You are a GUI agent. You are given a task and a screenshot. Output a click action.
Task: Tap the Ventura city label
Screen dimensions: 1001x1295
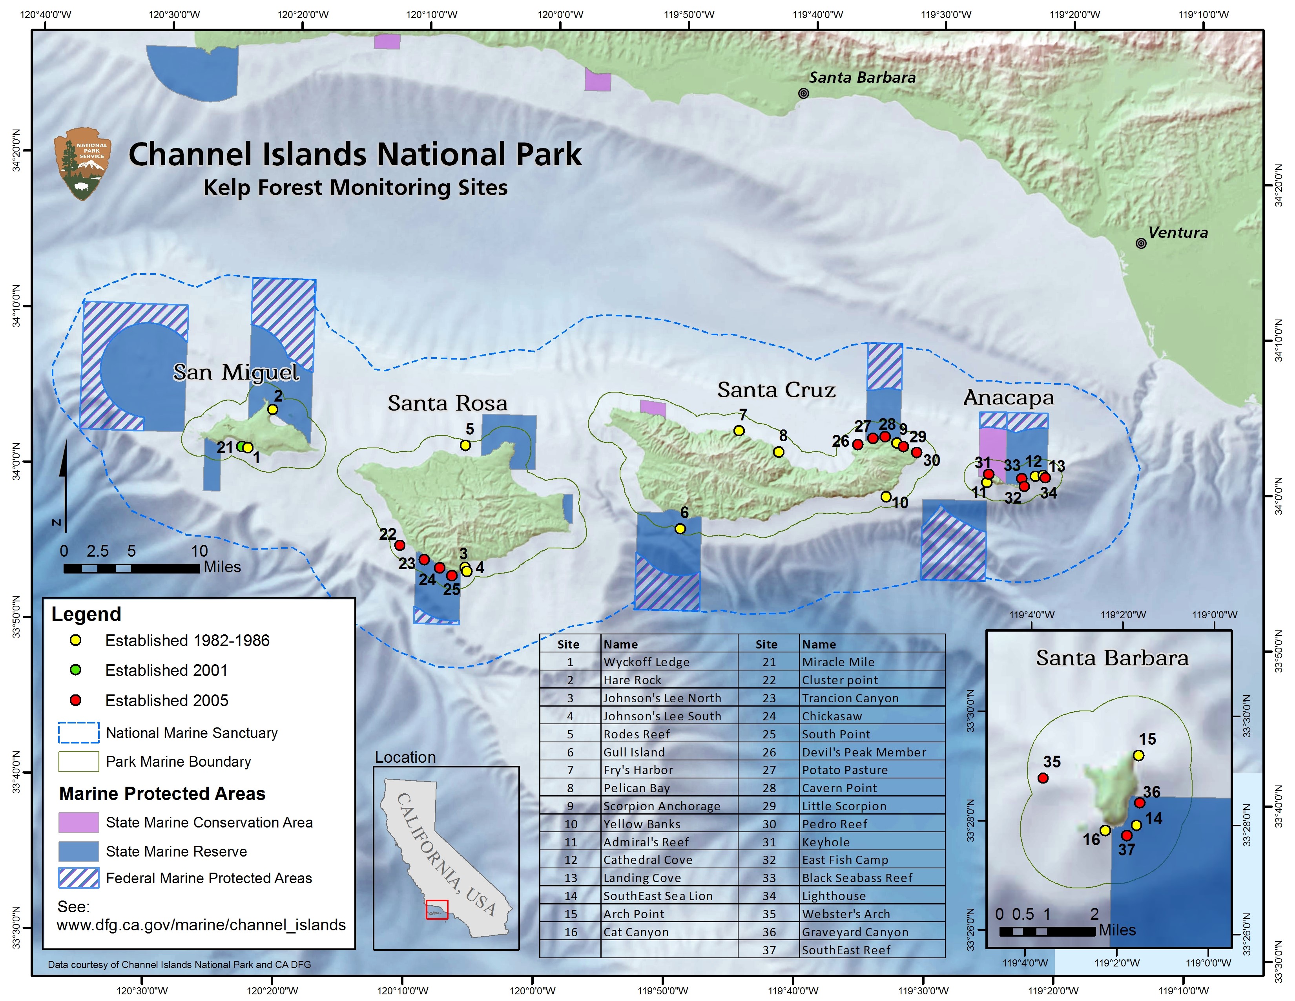point(1178,232)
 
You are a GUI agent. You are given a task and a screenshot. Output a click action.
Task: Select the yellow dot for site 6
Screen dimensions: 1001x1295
point(680,528)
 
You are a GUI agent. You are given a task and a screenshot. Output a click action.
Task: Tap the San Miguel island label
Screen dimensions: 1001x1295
point(236,373)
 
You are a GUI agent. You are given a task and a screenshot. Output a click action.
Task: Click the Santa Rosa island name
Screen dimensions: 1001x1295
point(448,403)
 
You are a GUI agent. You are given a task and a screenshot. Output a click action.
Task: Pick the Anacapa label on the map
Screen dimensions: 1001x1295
point(1009,397)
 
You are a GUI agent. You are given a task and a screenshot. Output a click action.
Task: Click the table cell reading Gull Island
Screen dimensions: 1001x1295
point(634,753)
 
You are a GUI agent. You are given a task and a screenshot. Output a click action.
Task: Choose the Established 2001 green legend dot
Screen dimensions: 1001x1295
point(75,670)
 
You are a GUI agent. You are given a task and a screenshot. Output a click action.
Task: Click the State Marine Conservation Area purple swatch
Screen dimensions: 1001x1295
point(78,822)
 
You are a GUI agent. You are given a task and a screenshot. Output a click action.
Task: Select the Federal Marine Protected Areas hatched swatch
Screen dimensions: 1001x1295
point(78,878)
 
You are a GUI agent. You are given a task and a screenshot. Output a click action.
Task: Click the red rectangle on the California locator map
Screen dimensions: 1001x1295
point(437,910)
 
